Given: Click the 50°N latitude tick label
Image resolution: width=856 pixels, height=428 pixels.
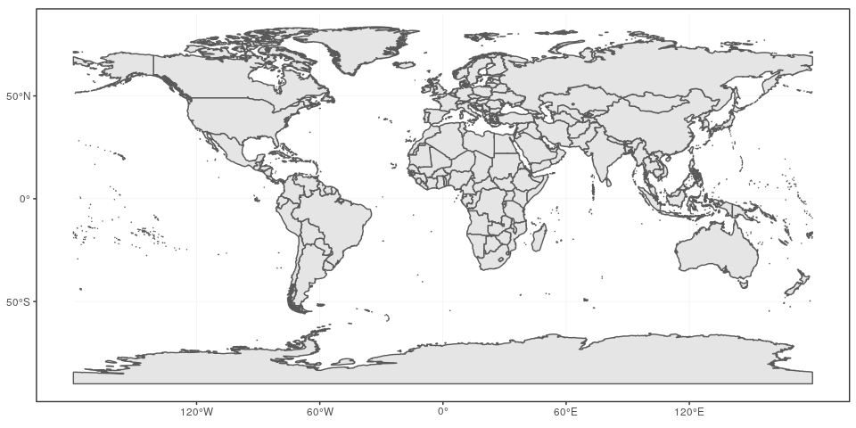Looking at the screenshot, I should coord(19,95).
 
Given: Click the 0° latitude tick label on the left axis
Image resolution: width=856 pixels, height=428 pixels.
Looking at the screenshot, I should coord(24,199).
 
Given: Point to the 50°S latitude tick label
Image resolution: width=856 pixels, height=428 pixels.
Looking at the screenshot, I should coord(19,302).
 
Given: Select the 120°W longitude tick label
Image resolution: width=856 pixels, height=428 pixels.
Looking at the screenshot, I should coord(196,412).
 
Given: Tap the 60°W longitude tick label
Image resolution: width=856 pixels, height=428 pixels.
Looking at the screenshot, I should coord(319,412).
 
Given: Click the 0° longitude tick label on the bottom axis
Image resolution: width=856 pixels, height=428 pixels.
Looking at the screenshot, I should coord(442,412).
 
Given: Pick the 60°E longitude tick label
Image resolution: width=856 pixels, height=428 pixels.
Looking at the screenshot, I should coord(565,412).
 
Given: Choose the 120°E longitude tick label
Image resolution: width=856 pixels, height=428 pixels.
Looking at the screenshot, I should coord(688,412).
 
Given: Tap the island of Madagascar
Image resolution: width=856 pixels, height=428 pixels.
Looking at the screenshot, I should coord(539,236).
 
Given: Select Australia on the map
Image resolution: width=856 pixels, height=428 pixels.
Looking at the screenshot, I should coord(718,250).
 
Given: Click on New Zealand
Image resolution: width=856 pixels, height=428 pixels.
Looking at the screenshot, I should coord(796,284).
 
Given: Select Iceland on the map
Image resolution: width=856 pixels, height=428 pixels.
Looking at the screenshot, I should coord(405,65).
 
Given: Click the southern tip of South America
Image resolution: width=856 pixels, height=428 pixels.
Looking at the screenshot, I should coord(299,308).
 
